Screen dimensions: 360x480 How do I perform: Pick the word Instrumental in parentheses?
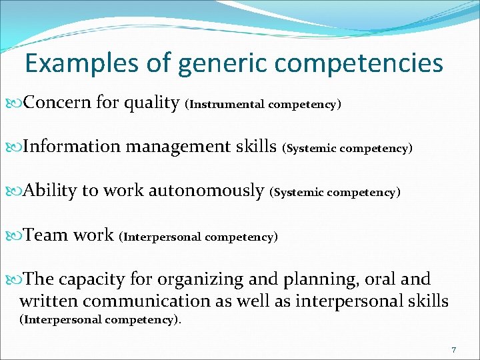pyautogui.click(x=228, y=105)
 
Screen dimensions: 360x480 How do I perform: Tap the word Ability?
pyautogui.click(x=50, y=191)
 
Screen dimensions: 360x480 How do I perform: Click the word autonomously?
pyautogui.click(x=206, y=191)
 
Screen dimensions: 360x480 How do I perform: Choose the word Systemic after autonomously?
pyautogui.click(x=299, y=193)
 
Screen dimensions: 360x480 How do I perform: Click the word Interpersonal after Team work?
pyautogui.click(x=163, y=237)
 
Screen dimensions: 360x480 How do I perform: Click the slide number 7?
pyautogui.click(x=453, y=350)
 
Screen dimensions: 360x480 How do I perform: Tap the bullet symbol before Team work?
pyautogui.click(x=17, y=235)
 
